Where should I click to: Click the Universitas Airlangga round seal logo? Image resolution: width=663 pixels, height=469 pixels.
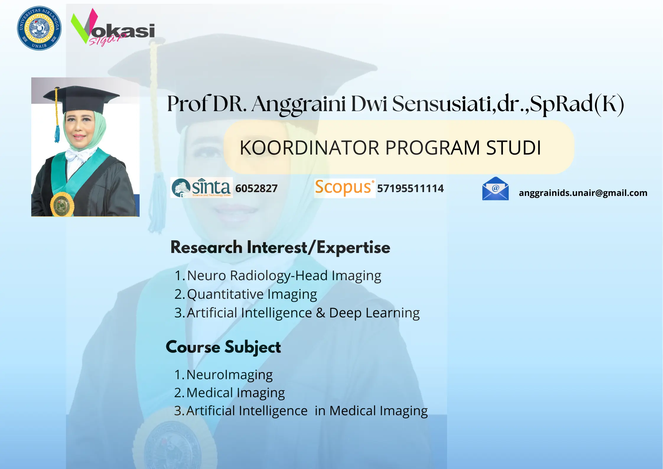(39, 28)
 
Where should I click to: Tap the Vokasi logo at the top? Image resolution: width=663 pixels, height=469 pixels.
(112, 28)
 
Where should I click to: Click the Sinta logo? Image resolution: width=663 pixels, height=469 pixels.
(202, 188)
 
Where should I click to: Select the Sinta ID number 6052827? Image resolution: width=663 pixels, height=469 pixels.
(256, 189)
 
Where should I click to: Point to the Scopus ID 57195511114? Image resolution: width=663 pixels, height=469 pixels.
(410, 189)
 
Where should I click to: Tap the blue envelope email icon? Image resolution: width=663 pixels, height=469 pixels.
(495, 189)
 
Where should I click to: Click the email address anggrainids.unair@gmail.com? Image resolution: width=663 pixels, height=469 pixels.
(583, 193)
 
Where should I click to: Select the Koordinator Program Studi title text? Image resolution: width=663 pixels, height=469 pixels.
(390, 148)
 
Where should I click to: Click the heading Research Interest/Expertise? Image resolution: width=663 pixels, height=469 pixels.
(280, 247)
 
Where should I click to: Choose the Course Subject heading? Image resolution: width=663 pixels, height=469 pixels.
(223, 347)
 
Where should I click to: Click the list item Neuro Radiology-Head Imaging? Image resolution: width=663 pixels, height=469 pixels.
(284, 276)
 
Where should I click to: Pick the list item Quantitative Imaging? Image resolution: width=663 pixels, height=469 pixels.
(252, 294)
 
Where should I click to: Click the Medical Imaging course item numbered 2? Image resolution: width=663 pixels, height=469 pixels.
(235, 393)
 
